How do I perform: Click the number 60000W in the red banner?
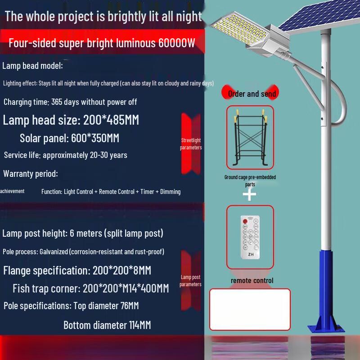tap(176, 43)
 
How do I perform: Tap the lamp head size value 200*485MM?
tap(111, 120)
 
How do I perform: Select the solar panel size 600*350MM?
tap(95, 138)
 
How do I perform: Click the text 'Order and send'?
tap(252, 94)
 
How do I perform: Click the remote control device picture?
tap(250, 236)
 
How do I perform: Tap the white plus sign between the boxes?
tap(250, 194)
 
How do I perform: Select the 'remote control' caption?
tap(252, 280)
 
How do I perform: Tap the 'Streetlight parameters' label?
tap(191, 144)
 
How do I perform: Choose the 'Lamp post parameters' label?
tap(190, 280)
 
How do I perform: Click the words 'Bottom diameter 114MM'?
tap(107, 325)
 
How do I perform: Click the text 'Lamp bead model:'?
tap(32, 66)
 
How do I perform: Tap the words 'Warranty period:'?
tap(31, 173)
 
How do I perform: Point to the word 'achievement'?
tap(12, 191)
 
